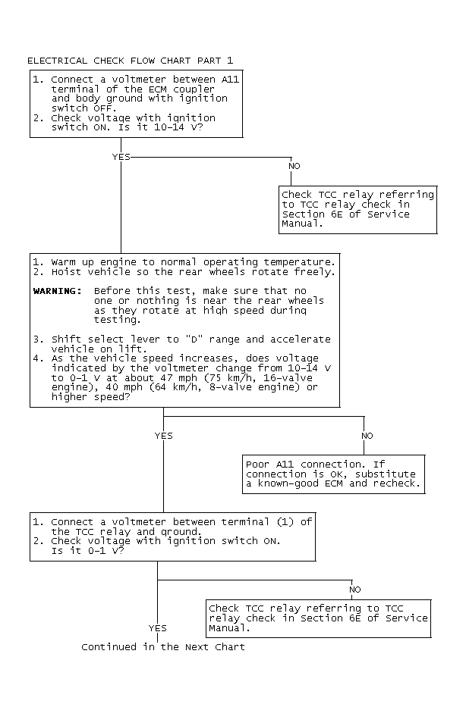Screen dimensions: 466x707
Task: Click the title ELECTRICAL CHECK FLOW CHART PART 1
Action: click(x=131, y=61)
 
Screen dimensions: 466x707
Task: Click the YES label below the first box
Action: click(x=121, y=157)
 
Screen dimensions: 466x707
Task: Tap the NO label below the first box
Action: click(x=294, y=166)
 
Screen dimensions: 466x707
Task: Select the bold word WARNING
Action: click(x=58, y=291)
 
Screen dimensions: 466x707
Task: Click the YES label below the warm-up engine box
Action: click(x=163, y=436)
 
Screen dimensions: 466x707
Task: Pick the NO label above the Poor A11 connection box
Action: click(x=367, y=436)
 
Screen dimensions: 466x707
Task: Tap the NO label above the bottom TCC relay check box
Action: click(x=355, y=590)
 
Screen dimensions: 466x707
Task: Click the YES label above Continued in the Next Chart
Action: click(x=158, y=628)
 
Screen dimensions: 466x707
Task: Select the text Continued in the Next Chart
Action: click(x=163, y=647)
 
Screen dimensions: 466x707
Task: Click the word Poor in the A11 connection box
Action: click(x=257, y=465)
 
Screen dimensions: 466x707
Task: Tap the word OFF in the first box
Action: click(x=104, y=108)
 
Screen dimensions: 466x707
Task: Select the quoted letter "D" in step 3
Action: click(x=194, y=339)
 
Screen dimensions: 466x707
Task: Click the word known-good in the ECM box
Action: click(x=288, y=483)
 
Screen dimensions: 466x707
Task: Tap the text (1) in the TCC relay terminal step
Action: click(x=285, y=522)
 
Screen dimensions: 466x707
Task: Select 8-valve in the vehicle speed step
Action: click(x=230, y=387)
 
